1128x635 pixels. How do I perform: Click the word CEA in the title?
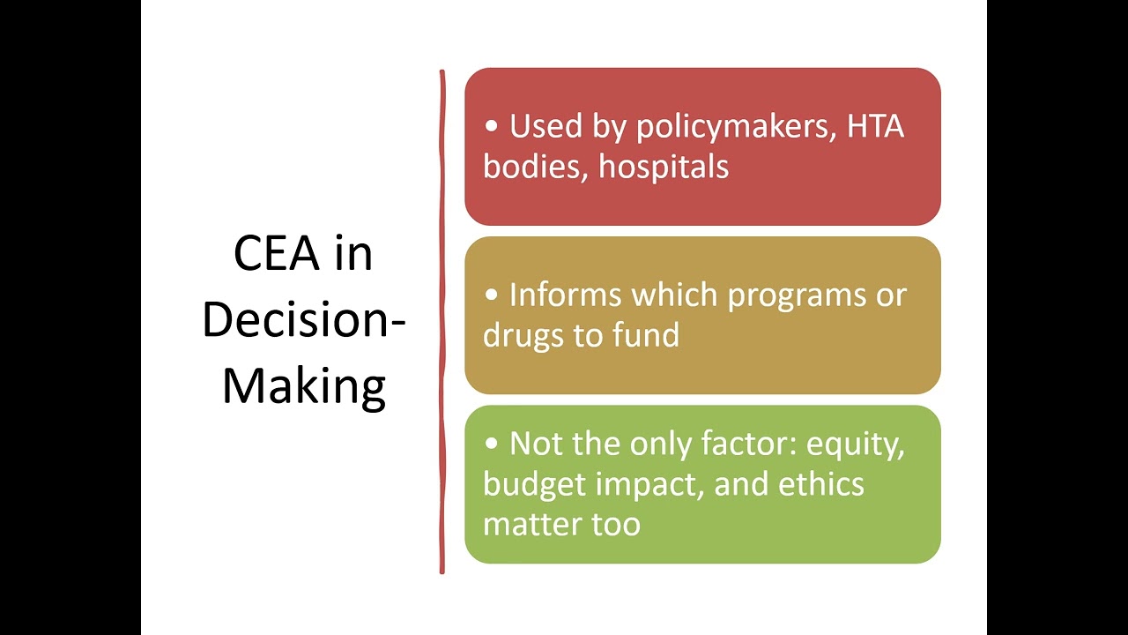coord(277,254)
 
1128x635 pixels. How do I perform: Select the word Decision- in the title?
coord(304,320)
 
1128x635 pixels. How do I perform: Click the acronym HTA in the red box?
coord(875,127)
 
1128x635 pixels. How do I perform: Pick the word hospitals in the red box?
coord(664,168)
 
